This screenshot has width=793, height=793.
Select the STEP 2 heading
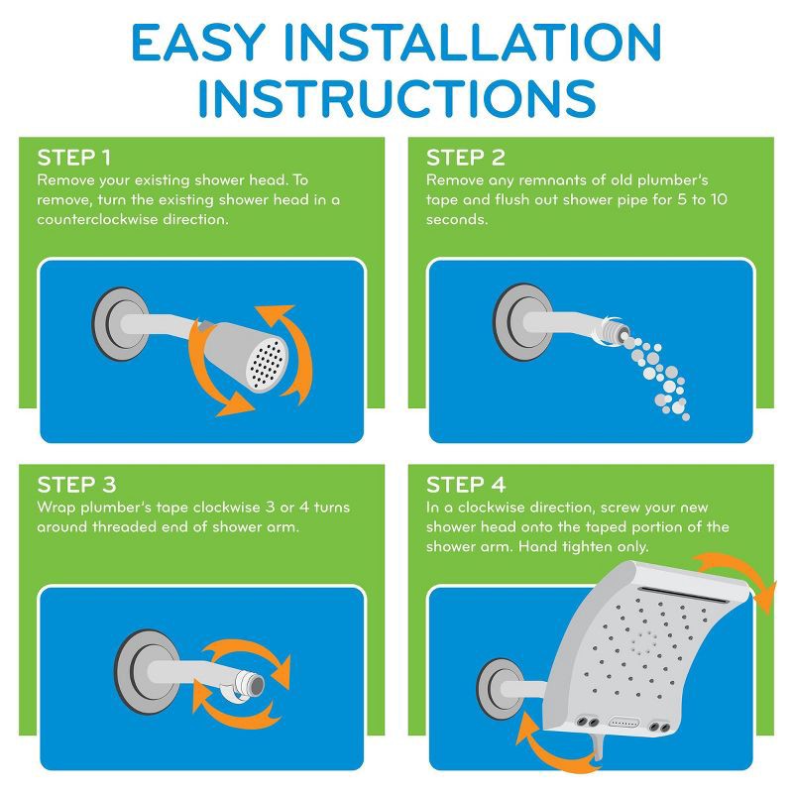[466, 159]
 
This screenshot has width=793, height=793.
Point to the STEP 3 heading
[76, 486]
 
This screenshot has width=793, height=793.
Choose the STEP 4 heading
[466, 486]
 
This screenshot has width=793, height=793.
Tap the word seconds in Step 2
[457, 218]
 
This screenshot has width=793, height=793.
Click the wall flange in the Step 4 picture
[496, 683]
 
